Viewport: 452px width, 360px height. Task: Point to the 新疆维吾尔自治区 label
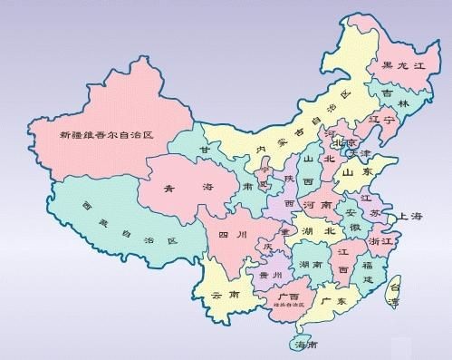pyautogui.click(x=107, y=134)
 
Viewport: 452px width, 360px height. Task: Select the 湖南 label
pyautogui.click(x=313, y=265)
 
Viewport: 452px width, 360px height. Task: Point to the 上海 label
pyautogui.click(x=409, y=216)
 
